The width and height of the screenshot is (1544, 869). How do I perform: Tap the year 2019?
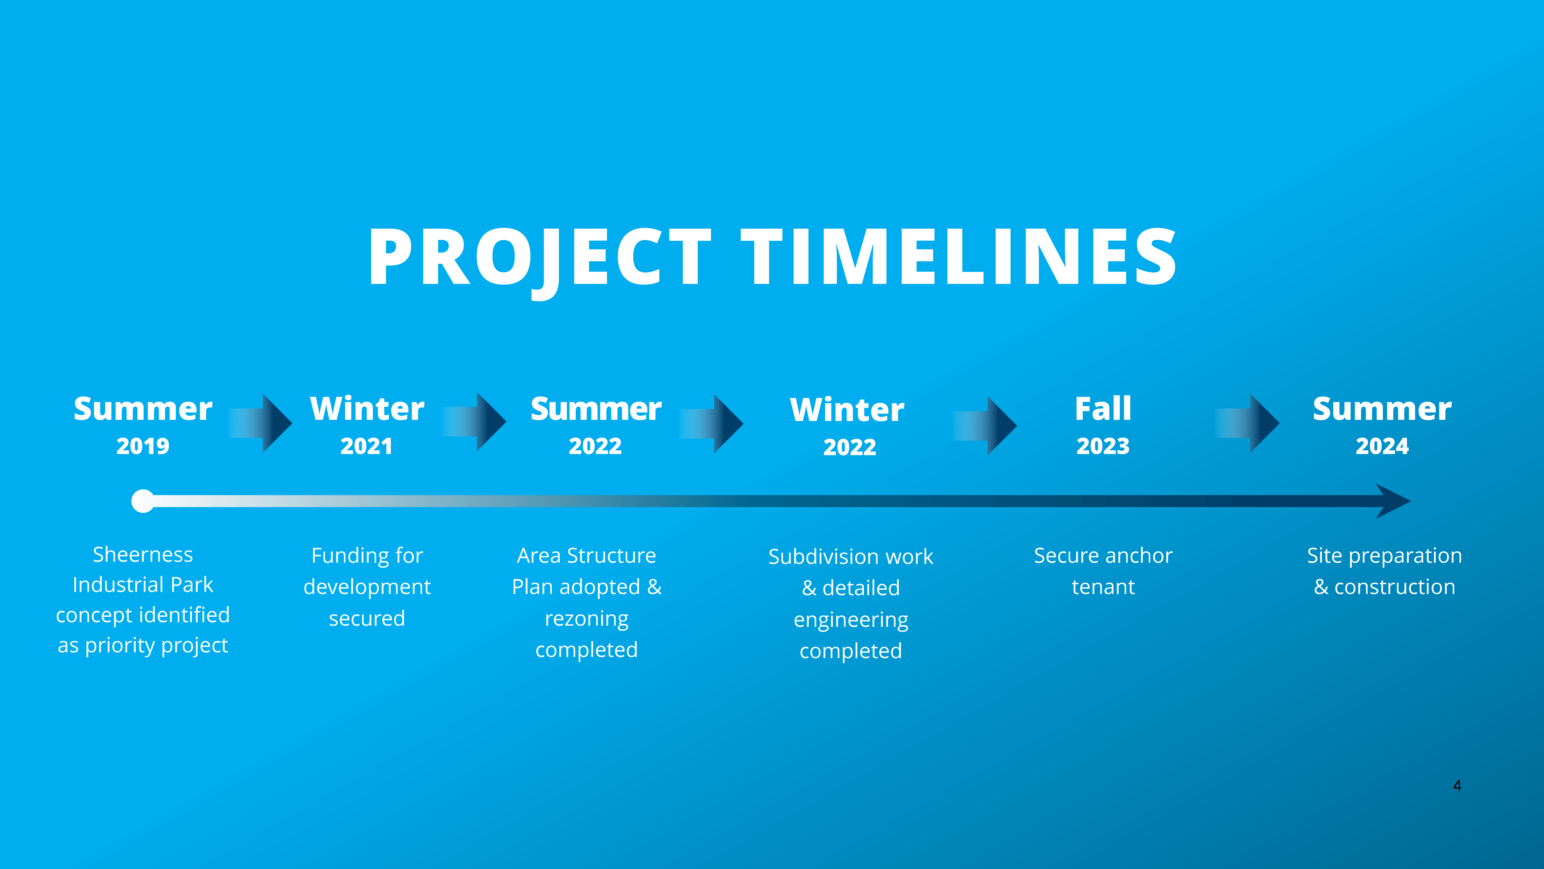pos(143,446)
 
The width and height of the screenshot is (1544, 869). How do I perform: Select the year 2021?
pos(366,446)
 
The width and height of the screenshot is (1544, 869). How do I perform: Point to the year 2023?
pos(1103,446)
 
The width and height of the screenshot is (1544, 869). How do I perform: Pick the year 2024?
pos(1382,446)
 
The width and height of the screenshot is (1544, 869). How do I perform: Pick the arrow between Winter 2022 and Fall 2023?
pos(985,425)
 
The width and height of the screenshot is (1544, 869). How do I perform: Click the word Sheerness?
pos(143,555)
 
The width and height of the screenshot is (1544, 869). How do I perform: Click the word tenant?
pos(1103,587)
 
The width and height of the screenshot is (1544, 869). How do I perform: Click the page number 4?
pos(1457,786)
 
